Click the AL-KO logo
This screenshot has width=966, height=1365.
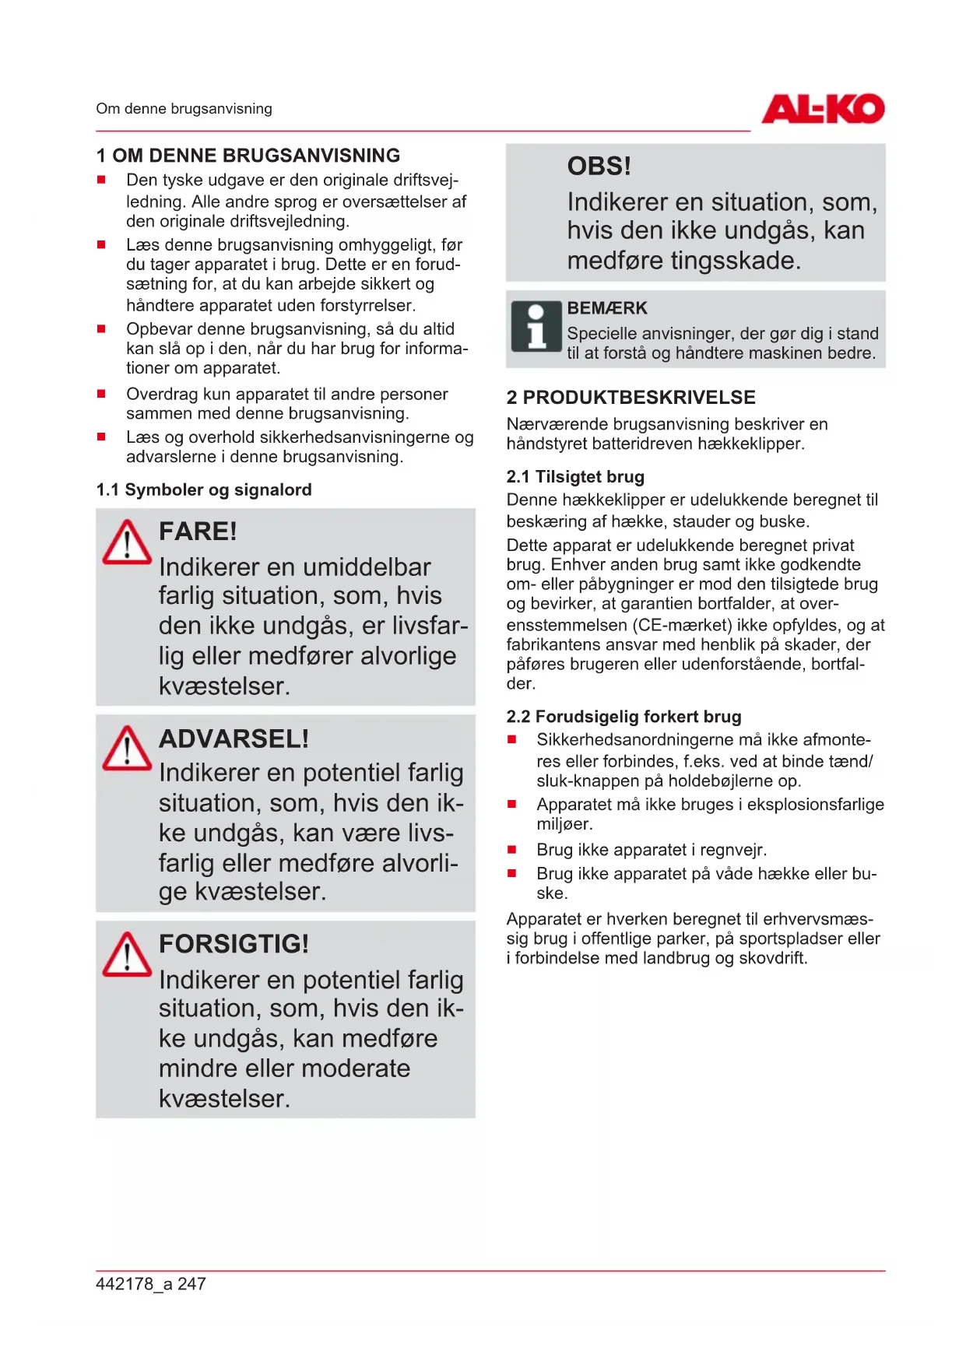(823, 109)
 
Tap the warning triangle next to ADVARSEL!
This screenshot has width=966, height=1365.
(127, 748)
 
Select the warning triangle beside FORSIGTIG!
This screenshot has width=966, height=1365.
(127, 954)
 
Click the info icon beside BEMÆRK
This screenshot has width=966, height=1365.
(536, 327)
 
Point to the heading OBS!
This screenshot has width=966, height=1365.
(599, 167)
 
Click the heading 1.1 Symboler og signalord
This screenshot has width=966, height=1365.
(204, 490)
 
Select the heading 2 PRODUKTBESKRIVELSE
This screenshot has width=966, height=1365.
(631, 398)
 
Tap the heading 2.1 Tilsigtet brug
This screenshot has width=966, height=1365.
(575, 476)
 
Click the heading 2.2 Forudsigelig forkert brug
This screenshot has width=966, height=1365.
(624, 716)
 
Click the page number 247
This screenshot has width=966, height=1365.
(191, 1284)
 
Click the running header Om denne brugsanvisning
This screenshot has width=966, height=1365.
(184, 109)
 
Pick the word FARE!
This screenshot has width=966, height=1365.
(198, 532)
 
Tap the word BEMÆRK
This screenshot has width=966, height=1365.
(607, 308)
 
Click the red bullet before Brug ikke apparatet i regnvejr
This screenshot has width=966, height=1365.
(512, 850)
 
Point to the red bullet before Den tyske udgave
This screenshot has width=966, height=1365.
(101, 180)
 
